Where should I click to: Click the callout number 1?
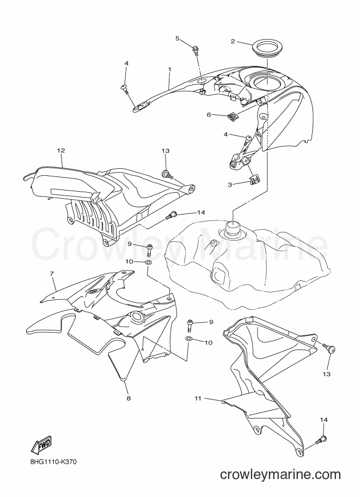[x=169, y=69]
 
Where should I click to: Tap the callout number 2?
[x=233, y=41]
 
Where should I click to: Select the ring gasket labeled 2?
[x=267, y=47]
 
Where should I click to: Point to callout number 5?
[x=178, y=38]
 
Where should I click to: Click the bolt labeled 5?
[x=195, y=51]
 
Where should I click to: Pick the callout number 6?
[x=209, y=115]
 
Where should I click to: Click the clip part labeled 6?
[x=233, y=116]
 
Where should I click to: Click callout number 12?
[x=61, y=151]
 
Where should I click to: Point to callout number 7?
[x=52, y=273]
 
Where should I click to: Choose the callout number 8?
[x=129, y=398]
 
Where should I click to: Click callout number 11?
[x=198, y=398]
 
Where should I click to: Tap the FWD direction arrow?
[x=41, y=447]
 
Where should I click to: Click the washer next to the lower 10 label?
[x=188, y=339]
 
